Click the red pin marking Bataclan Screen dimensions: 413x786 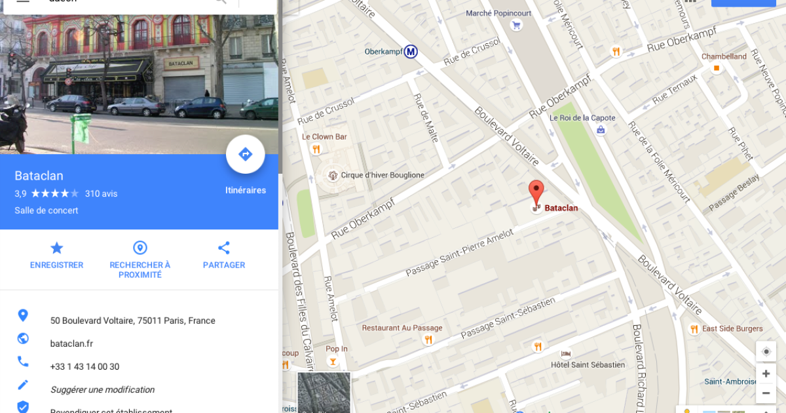[x=536, y=191]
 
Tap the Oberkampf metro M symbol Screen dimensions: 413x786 [x=411, y=51]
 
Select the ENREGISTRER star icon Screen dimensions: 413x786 [x=57, y=248]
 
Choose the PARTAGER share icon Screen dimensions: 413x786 [x=224, y=248]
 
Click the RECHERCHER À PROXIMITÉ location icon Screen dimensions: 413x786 [x=140, y=248]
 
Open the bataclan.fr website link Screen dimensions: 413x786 [x=71, y=344]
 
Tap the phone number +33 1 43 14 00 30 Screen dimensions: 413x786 [x=84, y=366]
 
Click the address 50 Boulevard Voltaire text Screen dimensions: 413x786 [x=132, y=321]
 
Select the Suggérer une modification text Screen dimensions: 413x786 [x=102, y=389]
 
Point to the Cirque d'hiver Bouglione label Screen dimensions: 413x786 [x=383, y=175]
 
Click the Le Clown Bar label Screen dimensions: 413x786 [x=324, y=137]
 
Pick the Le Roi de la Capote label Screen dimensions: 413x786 [x=582, y=118]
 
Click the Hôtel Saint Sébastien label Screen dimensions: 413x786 [x=588, y=364]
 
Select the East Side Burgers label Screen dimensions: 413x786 [x=732, y=328]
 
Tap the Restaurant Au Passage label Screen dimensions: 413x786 [x=402, y=328]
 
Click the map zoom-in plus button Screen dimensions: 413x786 [x=766, y=374]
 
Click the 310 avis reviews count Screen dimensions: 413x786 [x=101, y=193]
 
